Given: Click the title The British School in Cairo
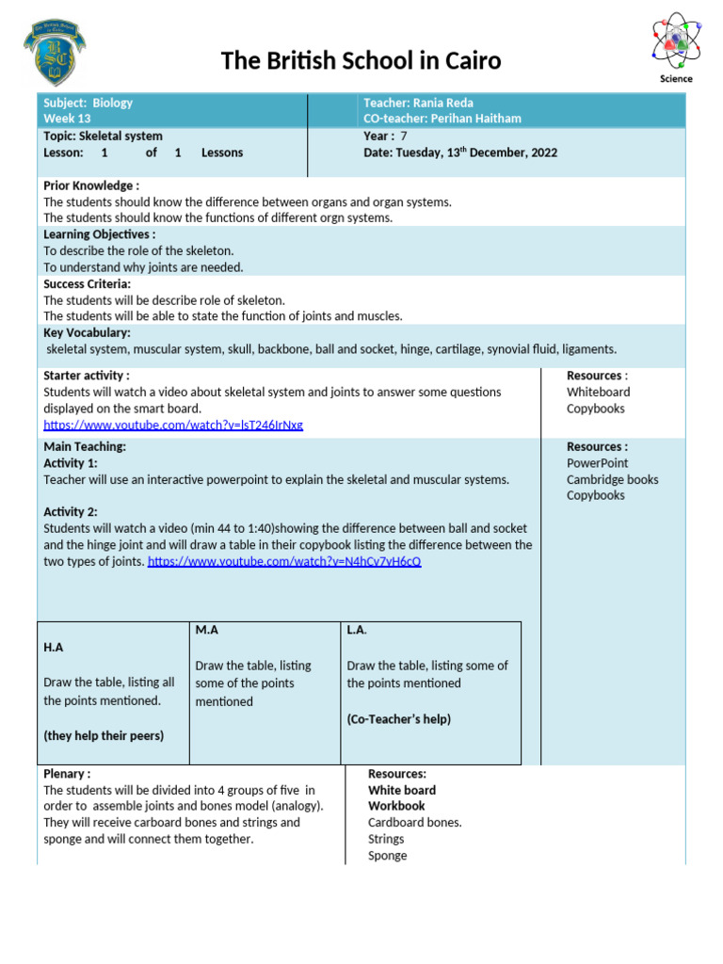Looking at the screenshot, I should (361, 61).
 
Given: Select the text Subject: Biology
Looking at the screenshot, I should (88, 103).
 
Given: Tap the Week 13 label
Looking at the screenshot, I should (67, 119).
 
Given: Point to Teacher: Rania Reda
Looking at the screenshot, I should (418, 103).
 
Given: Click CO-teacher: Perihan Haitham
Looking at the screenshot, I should (442, 119).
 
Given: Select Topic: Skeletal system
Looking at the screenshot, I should (103, 136).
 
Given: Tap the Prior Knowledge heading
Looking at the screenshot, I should (91, 185).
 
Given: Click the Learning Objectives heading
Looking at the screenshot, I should (99, 234).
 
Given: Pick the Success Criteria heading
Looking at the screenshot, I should (88, 283).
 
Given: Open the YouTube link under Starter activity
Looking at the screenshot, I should (173, 425).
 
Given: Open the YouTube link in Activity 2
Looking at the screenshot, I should (284, 561).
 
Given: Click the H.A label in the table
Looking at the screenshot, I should (54, 648).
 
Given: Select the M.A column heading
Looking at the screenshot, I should (206, 629).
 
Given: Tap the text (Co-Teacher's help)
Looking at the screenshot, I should (398, 719).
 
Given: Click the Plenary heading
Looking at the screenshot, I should (67, 774).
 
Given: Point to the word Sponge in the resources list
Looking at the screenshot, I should (387, 856).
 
